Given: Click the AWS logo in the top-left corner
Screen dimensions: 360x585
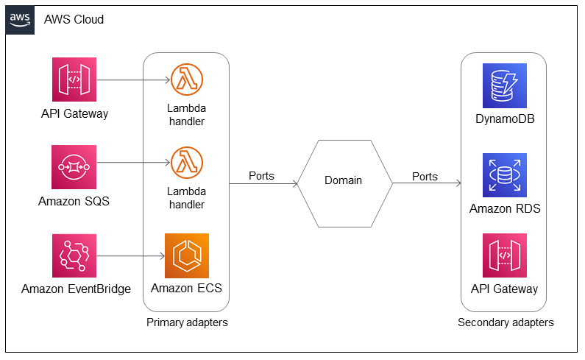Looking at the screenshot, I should coord(20,19).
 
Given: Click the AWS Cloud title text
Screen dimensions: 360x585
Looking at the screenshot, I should coord(74,19).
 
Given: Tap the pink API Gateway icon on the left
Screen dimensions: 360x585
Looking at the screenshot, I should coord(74,80).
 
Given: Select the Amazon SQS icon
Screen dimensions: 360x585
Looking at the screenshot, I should coord(74,167).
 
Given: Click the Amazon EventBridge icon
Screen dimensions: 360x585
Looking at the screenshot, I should coord(74,255).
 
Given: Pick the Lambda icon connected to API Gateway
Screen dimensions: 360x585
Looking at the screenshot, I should coord(186,80).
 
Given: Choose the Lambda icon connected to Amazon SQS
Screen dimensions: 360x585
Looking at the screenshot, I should coord(186,163).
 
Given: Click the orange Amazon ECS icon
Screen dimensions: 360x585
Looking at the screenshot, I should coord(186,255).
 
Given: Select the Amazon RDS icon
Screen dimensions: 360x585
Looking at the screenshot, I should coord(504,175).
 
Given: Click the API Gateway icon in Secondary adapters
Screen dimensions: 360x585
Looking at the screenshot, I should coord(504,255).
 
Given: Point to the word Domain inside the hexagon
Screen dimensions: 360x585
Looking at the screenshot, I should coord(344,181).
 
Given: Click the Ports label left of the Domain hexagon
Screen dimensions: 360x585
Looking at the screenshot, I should coord(263,177).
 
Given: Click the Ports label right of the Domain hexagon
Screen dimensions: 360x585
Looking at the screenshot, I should coord(425,177).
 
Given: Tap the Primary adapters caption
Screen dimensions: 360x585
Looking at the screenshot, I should coord(186,322).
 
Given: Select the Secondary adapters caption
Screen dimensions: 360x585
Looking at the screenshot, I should coord(506,322).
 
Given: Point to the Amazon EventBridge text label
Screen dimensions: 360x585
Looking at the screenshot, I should coord(76,289).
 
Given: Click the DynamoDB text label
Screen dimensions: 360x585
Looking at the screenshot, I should coord(505,119).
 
